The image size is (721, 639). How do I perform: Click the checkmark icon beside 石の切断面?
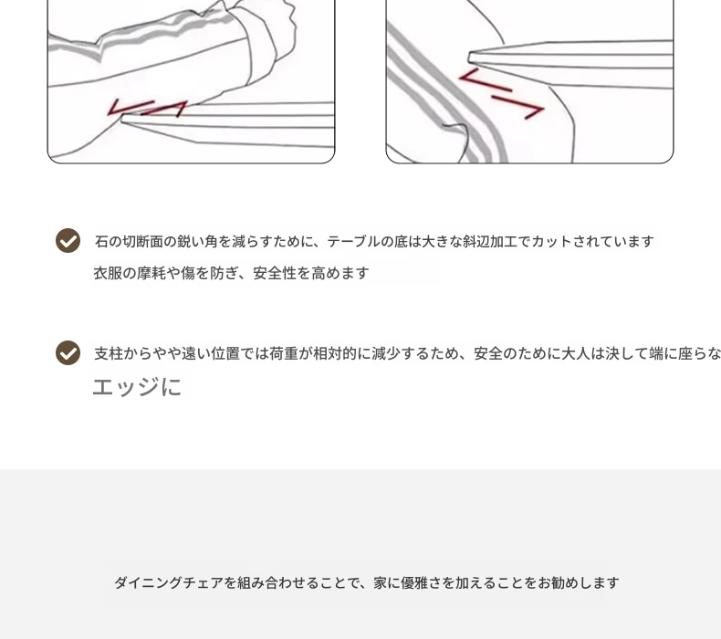pos(68,241)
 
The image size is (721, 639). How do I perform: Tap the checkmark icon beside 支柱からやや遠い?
pos(68,353)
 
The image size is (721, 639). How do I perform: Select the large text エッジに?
pos(137,386)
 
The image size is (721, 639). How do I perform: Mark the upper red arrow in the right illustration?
pos(485,81)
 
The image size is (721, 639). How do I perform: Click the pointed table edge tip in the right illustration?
pos(469,58)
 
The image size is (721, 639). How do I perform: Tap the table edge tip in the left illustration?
pos(122,120)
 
